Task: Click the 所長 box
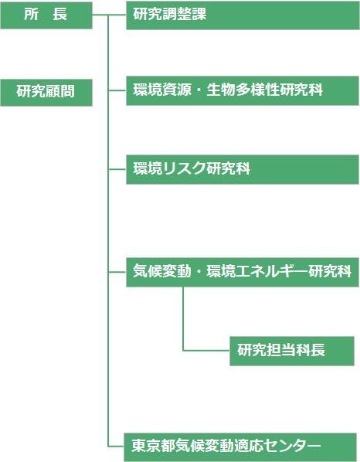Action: point(46,15)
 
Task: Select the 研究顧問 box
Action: point(46,93)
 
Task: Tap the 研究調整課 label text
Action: point(169,14)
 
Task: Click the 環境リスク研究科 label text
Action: point(192,168)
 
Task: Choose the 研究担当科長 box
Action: point(292,351)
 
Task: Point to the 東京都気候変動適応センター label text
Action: point(226,445)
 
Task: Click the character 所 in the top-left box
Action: point(31,14)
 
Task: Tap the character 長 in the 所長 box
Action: point(60,14)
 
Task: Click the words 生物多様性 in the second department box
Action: point(243,90)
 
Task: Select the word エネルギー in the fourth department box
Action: point(272,271)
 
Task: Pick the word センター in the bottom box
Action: point(292,445)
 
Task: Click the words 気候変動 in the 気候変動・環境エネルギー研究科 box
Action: point(162,271)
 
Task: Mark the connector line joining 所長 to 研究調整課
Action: point(109,15)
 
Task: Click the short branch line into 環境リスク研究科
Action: point(117,169)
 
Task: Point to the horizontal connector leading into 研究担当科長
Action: point(206,351)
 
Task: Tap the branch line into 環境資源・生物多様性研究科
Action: point(117,90)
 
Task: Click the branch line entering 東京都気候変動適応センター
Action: point(116,447)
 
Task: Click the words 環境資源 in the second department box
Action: point(162,90)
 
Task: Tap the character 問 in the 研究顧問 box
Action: point(67,91)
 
